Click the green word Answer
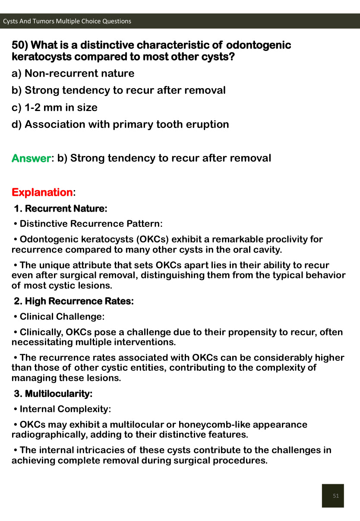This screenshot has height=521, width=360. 31,158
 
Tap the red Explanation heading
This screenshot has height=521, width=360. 42,192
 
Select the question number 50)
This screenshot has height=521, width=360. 20,45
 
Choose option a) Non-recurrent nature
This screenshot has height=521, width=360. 73,73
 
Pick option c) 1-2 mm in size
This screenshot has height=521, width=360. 54,108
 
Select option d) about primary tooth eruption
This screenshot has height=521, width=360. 120,124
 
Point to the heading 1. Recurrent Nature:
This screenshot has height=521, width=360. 60,209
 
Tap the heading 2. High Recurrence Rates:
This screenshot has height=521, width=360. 74,301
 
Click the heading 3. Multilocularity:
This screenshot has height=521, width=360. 53,394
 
